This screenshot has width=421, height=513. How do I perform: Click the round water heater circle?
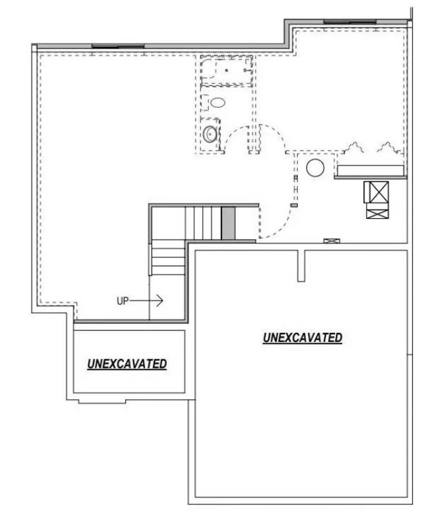(x=315, y=168)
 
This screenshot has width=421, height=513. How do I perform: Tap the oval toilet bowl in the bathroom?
(x=217, y=102)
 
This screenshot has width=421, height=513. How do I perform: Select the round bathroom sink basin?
(x=210, y=134)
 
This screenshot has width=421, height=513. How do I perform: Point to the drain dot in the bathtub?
(x=227, y=70)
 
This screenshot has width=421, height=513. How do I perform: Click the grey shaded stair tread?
(x=228, y=223)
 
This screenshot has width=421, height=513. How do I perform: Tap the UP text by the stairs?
(x=122, y=301)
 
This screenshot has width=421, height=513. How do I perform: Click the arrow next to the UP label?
(x=147, y=301)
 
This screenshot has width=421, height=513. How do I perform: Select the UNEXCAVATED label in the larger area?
(x=302, y=338)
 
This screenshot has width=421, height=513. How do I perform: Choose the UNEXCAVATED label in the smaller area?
(x=127, y=364)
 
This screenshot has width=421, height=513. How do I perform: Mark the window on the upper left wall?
(x=118, y=46)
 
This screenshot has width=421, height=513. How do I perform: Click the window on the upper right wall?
(x=349, y=21)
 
